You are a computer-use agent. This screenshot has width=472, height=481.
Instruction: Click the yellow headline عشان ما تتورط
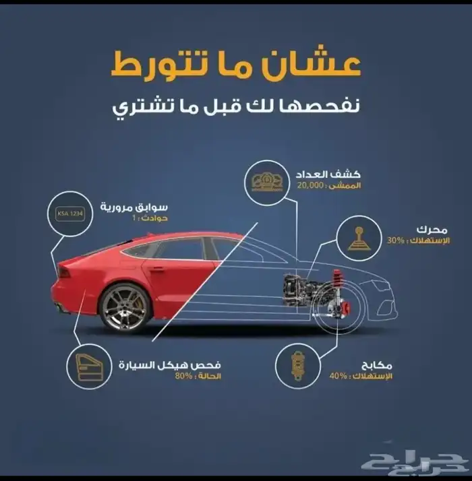(235, 63)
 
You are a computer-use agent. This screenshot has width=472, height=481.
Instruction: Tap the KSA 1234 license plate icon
(70, 214)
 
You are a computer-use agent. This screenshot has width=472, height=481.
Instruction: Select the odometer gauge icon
(267, 183)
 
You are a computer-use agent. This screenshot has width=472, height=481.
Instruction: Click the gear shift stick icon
(359, 238)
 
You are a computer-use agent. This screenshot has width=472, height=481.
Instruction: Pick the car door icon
(89, 366)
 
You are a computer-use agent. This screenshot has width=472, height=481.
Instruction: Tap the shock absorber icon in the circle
(297, 366)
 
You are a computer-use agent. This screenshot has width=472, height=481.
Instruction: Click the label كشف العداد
(328, 174)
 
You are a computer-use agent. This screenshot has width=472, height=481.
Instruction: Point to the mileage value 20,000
(310, 185)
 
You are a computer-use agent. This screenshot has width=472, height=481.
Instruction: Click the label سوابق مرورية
(134, 207)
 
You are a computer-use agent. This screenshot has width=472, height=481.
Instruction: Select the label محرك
(432, 230)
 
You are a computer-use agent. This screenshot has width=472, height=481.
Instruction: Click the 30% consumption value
(396, 241)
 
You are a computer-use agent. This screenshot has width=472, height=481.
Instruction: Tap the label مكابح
(376, 365)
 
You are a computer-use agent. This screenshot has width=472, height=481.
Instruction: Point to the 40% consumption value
(338, 376)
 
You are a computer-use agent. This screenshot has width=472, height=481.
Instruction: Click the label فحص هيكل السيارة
(170, 365)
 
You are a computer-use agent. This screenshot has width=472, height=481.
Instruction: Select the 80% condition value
(183, 376)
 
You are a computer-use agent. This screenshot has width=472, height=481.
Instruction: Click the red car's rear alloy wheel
(125, 308)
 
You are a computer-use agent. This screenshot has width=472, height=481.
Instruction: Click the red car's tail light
(63, 272)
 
